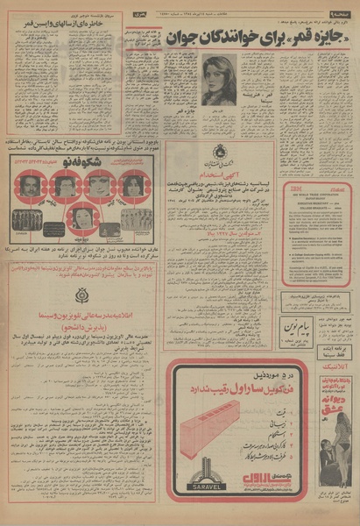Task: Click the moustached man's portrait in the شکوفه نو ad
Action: tap(30, 184)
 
